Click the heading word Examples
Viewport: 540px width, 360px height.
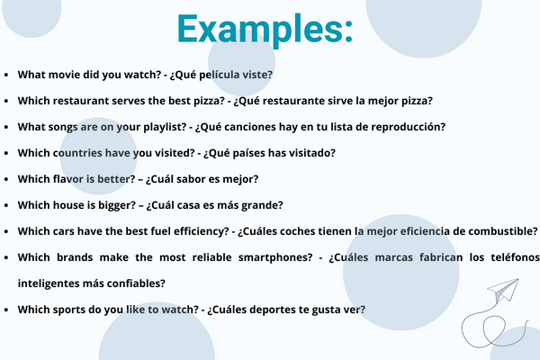coord(265,30)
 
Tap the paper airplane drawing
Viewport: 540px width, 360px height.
coord(503,291)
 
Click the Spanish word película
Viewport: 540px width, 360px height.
coord(220,75)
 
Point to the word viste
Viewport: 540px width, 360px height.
coord(257,75)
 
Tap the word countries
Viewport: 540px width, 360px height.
coord(77,153)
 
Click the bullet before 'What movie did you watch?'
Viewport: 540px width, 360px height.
coord(6,75)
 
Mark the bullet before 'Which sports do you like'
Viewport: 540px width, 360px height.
coord(6,310)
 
